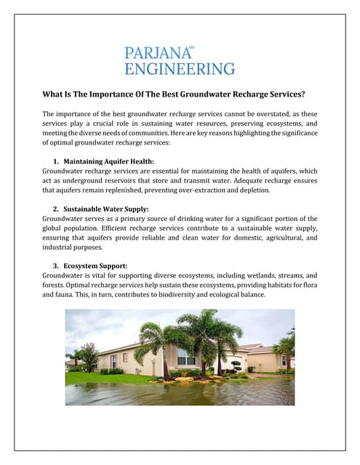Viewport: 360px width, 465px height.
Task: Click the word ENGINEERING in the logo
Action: pos(180,69)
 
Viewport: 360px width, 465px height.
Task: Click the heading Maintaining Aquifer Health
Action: pos(109,161)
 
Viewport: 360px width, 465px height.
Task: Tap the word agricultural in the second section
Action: pos(268,238)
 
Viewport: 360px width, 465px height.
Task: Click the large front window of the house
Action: pos(186,357)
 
